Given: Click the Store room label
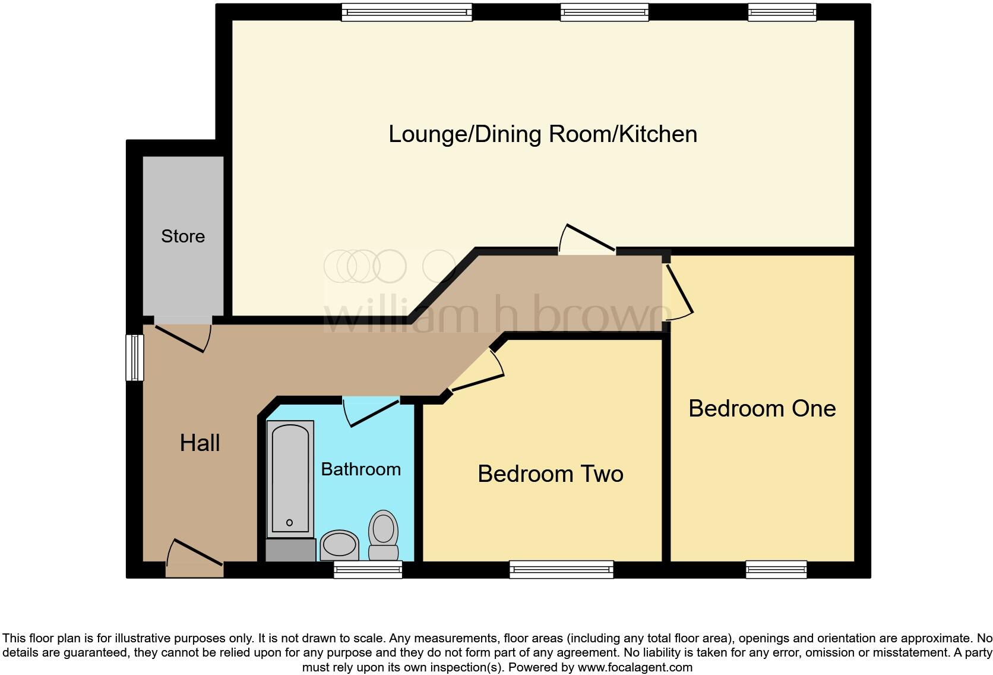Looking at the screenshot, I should pos(183,236).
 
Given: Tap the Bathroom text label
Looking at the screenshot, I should pos(360,469).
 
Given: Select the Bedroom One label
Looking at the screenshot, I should pos(762,409).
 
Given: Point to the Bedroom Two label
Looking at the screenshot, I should pos(551,474).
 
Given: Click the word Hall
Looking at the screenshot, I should pos(200,443).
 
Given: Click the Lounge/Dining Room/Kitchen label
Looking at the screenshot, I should pos(542,134).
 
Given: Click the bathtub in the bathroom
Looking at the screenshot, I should pos(290,475).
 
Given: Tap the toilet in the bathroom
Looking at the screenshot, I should pos(384,535).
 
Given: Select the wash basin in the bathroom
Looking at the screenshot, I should pos(340,545).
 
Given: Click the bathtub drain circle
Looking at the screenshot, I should pos(289,523).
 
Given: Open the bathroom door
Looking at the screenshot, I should pos(372,411).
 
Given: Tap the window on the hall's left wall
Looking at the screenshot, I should pos(135,358).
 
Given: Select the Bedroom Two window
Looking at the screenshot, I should pos(561,569).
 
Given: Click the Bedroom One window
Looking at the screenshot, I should pos(776,569).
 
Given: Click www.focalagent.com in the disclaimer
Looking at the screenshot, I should pos(635,667).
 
